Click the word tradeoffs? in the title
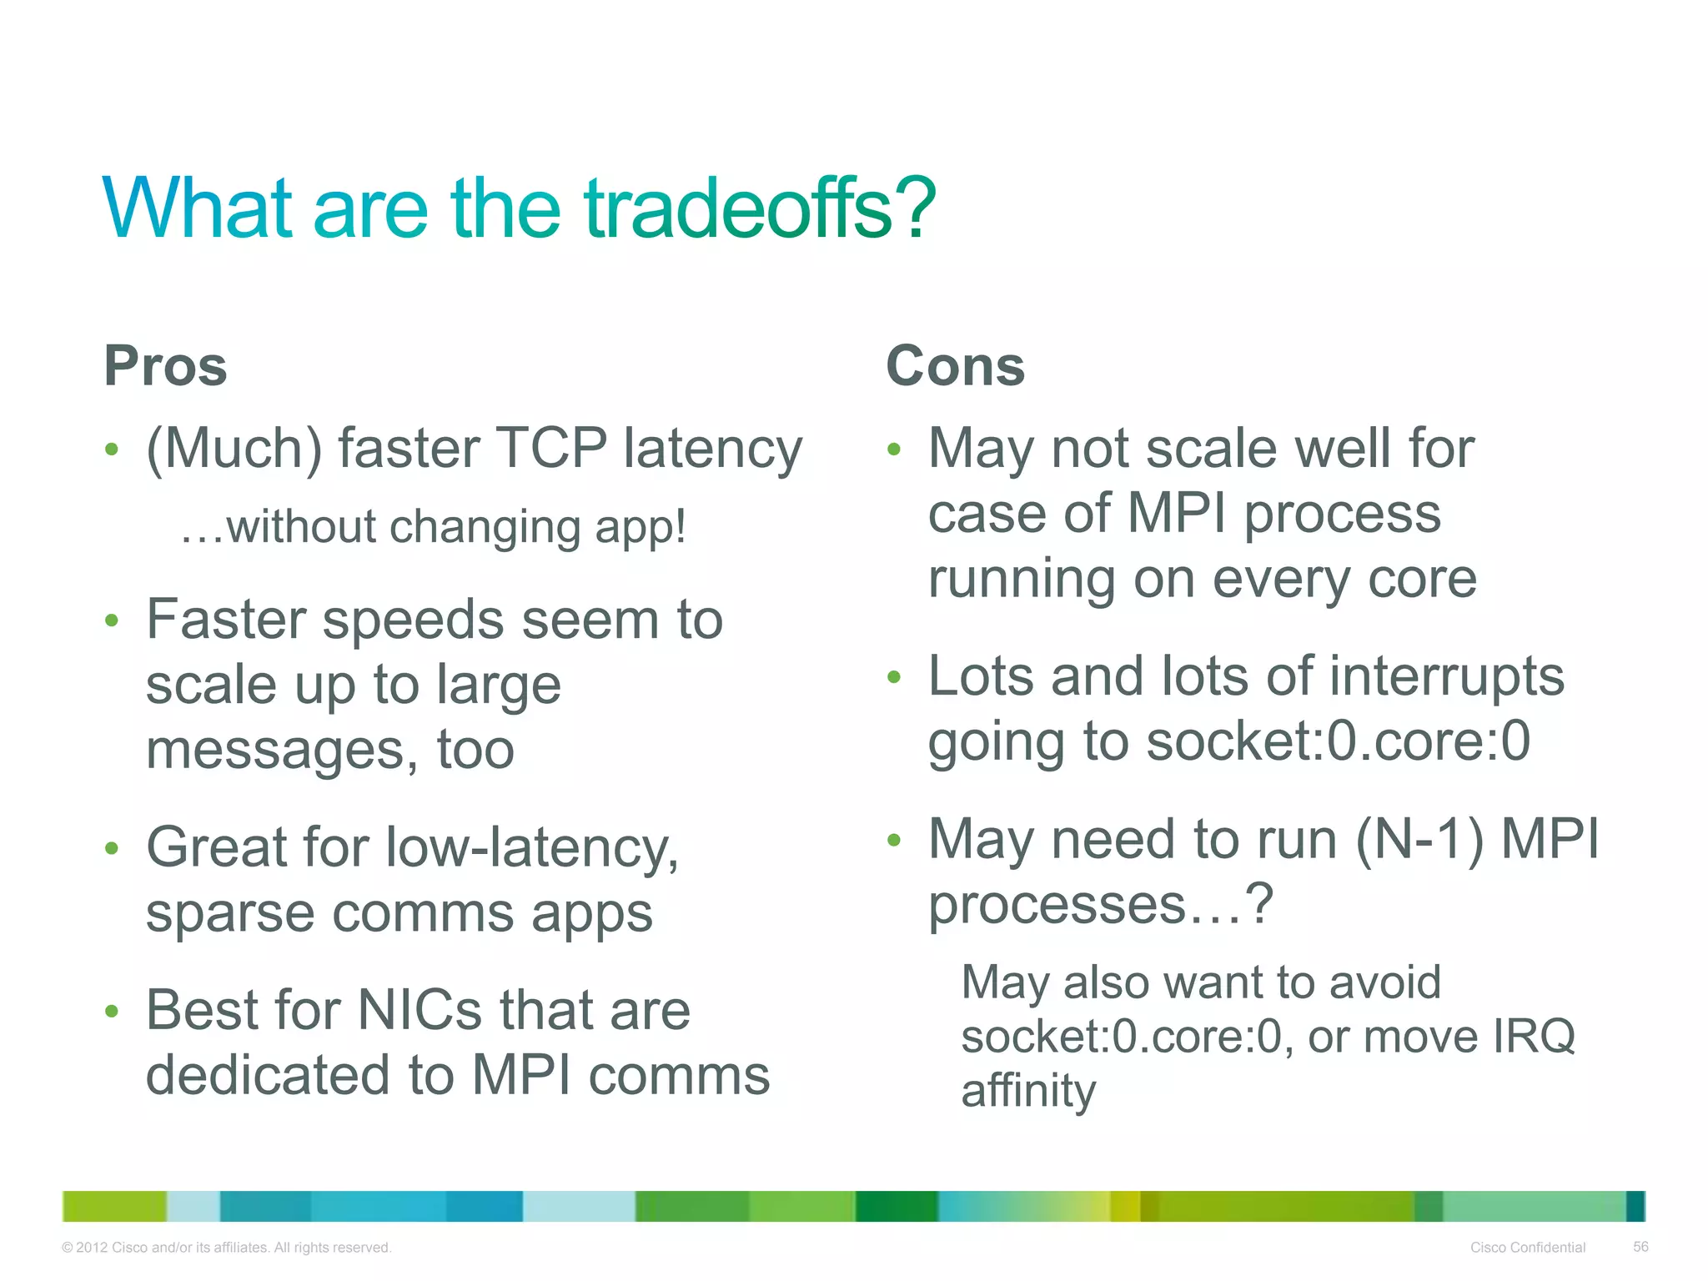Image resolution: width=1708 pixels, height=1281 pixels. pos(759,208)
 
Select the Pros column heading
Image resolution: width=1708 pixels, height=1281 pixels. pos(165,366)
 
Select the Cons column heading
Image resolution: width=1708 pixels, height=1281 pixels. pos(955,366)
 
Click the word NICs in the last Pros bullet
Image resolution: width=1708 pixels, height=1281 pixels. pos(419,1011)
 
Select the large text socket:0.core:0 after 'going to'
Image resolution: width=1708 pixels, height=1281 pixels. pos(1338,741)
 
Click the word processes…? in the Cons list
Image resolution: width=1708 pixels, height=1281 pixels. pos(1101,905)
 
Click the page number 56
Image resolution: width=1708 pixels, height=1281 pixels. pos(1640,1247)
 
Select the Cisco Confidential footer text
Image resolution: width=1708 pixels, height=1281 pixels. pos(1527,1248)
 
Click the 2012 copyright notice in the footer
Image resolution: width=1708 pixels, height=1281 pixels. pos(226,1248)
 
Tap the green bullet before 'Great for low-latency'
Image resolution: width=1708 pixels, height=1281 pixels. pos(112,849)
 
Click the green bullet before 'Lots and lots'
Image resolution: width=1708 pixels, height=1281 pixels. pos(894,677)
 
